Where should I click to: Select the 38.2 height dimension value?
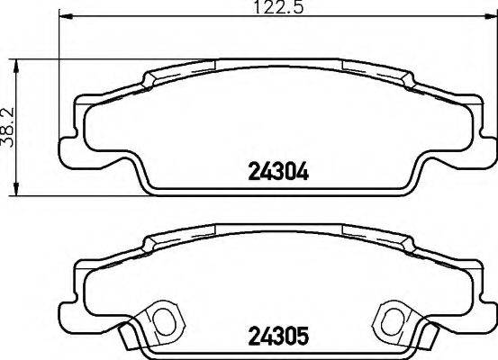10,127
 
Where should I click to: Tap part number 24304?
278,171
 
